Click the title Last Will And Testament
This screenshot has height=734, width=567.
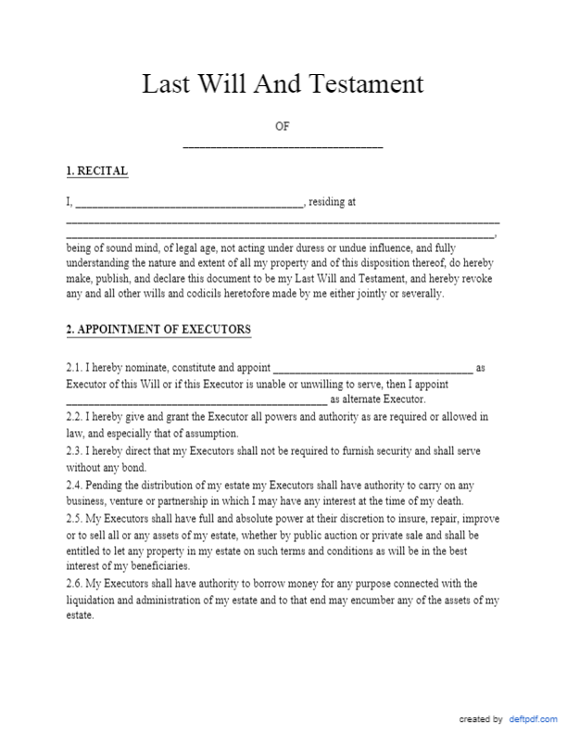[x=283, y=84]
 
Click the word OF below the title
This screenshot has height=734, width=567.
[x=283, y=127]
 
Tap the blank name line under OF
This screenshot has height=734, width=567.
[x=283, y=146]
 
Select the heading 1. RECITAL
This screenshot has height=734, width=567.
[x=96, y=171]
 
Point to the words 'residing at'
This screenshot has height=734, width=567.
[x=333, y=201]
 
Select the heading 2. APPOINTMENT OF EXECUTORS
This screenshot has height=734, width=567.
[x=157, y=330]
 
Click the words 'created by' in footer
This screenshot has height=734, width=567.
[x=481, y=719]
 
